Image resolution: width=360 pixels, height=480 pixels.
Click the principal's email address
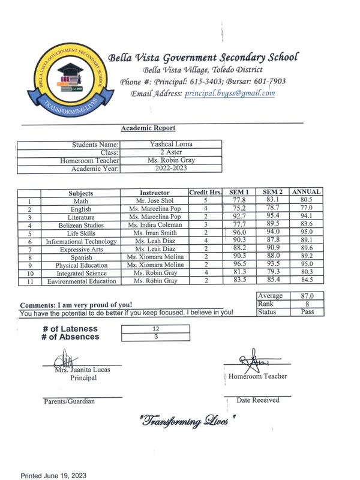230,93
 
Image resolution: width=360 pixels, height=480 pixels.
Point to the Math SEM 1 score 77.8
240,200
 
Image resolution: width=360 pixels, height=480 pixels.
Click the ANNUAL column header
306,192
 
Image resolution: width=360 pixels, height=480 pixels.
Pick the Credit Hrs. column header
206,192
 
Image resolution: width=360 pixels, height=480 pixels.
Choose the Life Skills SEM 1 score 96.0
240,233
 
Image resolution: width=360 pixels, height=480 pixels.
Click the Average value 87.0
307,296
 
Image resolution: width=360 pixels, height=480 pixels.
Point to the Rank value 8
307,304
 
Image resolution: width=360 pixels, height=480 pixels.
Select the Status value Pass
307,313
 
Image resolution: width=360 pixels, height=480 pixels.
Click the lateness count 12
155,329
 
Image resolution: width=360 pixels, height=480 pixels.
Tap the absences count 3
155,337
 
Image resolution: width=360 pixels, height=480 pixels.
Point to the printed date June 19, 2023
54,475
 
